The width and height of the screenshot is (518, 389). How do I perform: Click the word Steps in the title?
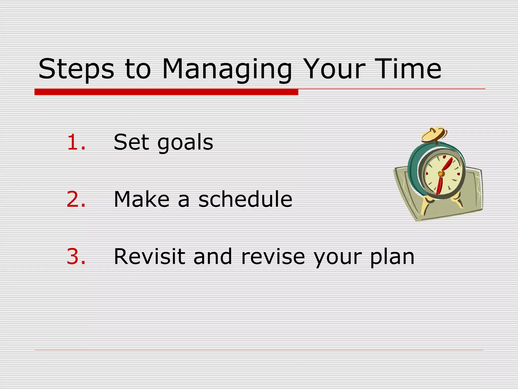pyautogui.click(x=76, y=69)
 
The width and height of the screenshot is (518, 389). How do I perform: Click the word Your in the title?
pyautogui.click(x=334, y=69)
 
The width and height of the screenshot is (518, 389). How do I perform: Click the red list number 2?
pyautogui.click(x=76, y=199)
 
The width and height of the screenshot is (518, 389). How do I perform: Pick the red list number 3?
pyautogui.click(x=76, y=257)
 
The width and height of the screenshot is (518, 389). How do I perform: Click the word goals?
pyautogui.click(x=185, y=143)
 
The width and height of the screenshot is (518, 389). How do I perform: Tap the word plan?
pyautogui.click(x=392, y=258)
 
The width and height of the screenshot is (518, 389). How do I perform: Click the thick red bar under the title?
pyautogui.click(x=166, y=92)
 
